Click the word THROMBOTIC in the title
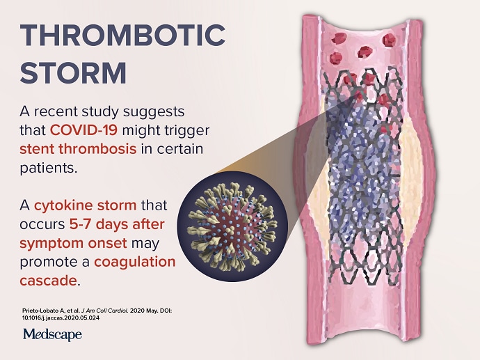[x=122, y=35]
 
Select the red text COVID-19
[x=83, y=130]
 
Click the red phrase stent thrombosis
[x=78, y=149]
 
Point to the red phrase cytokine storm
[x=86, y=205]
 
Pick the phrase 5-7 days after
[x=117, y=224]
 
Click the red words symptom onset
[x=73, y=243]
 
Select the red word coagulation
[x=135, y=263]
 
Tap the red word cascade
[x=48, y=281]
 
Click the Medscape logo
[x=52, y=334]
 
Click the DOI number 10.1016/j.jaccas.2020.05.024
[x=61, y=318]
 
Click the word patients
[x=49, y=168]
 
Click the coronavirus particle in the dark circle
[x=232, y=227]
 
